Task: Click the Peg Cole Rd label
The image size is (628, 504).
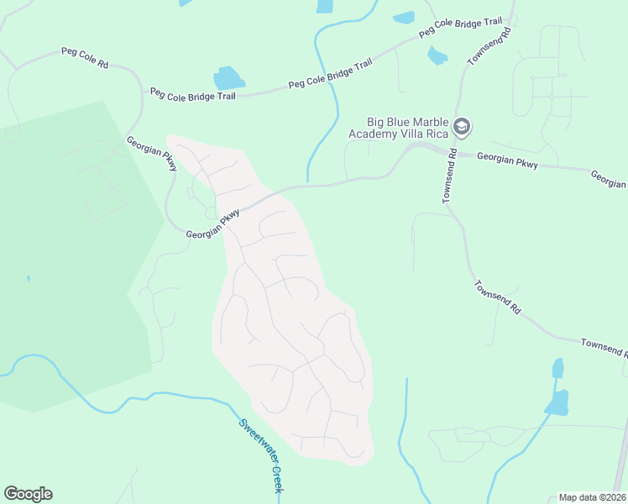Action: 85,57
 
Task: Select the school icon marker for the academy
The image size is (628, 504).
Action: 461,127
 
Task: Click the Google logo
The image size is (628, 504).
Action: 28,494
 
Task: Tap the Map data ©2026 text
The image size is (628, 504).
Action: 592,497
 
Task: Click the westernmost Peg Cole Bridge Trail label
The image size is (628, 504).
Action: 193,93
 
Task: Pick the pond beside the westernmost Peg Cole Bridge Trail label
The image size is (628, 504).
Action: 228,78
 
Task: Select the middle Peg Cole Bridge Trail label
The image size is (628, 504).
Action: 330,74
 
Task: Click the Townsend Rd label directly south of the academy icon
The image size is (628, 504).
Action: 449,176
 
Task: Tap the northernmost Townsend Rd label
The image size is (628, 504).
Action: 489,45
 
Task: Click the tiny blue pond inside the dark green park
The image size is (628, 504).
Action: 28,277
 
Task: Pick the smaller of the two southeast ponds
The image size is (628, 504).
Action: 557,369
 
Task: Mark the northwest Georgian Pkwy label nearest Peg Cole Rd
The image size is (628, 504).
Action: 151,154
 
